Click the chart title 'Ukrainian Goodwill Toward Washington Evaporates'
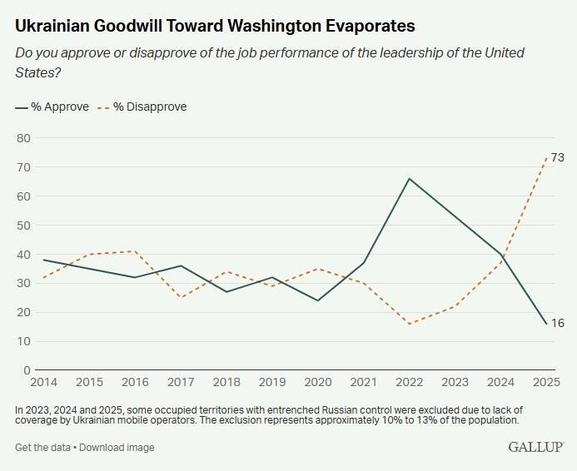coord(216,27)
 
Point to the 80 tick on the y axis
coord(23,138)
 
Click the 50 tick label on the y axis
coord(23,226)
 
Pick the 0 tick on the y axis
coord(27,370)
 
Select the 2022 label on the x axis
coord(409,382)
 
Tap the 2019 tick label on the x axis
coord(271,382)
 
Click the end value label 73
coord(558,157)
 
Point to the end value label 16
coord(558,323)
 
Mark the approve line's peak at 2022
coord(410,178)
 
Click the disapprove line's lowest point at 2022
coord(410,324)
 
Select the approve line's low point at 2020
coord(317,300)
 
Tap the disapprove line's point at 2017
coord(181,298)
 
